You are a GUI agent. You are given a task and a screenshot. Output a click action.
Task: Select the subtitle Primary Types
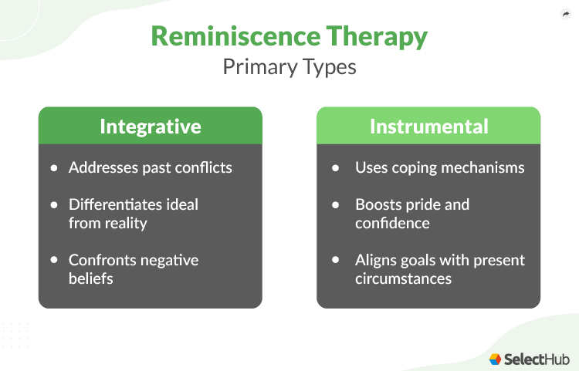click(289, 66)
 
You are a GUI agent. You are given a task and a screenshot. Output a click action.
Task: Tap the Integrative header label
click(150, 126)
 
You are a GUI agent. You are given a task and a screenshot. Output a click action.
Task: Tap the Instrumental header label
click(428, 126)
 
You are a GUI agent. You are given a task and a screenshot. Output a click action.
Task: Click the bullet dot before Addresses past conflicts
click(54, 167)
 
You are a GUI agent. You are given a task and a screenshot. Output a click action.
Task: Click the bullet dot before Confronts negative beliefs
click(54, 260)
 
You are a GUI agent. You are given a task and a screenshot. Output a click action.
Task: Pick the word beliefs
click(91, 278)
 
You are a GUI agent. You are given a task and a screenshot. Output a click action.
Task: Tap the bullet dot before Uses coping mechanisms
click(335, 167)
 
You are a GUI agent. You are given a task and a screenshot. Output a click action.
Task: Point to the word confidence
click(391, 223)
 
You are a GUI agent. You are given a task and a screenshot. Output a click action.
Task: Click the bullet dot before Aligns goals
click(335, 260)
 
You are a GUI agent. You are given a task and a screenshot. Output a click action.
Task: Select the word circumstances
click(403, 278)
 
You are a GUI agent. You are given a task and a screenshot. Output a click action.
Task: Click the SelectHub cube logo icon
click(496, 359)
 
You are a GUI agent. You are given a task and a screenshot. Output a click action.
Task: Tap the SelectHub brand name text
click(536, 359)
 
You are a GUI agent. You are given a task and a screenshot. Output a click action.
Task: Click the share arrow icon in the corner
click(564, 14)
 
